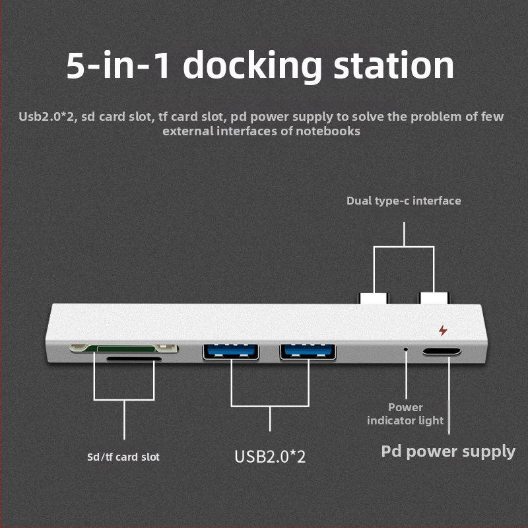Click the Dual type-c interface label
tap(403, 201)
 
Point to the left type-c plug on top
tap(374, 298)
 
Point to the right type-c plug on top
tap(434, 298)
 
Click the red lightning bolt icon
tap(442, 330)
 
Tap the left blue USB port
tap(231, 351)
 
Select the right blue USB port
tap(308, 351)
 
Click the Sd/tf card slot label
tap(123, 457)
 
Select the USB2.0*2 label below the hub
tap(270, 456)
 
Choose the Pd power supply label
tap(448, 451)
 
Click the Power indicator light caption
tap(405, 414)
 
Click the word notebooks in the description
tap(327, 131)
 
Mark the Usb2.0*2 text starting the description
tap(46, 117)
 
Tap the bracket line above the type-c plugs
tap(403, 247)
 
